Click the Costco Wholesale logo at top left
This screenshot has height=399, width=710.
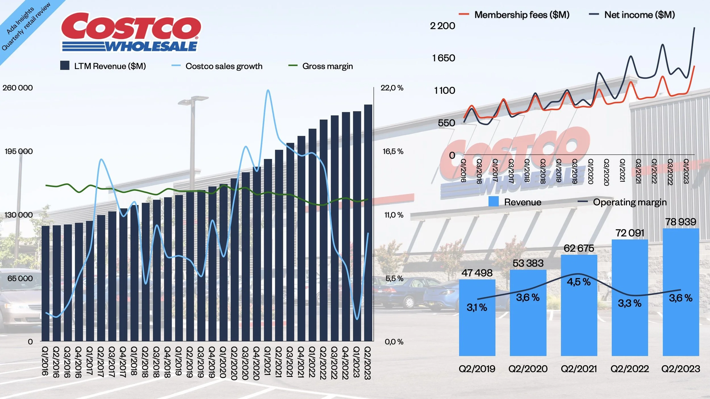click(131, 32)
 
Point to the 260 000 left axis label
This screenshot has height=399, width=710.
click(18, 88)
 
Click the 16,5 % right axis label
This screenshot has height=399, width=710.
click(393, 151)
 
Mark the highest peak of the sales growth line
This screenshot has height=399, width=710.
click(268, 91)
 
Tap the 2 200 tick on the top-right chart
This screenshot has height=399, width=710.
click(442, 26)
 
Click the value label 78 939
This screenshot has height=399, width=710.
click(680, 222)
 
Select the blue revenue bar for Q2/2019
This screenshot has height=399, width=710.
click(477, 318)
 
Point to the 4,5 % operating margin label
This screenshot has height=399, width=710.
click(579, 282)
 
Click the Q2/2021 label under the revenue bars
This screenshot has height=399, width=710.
click(579, 369)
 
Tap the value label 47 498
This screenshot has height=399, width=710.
click(477, 273)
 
